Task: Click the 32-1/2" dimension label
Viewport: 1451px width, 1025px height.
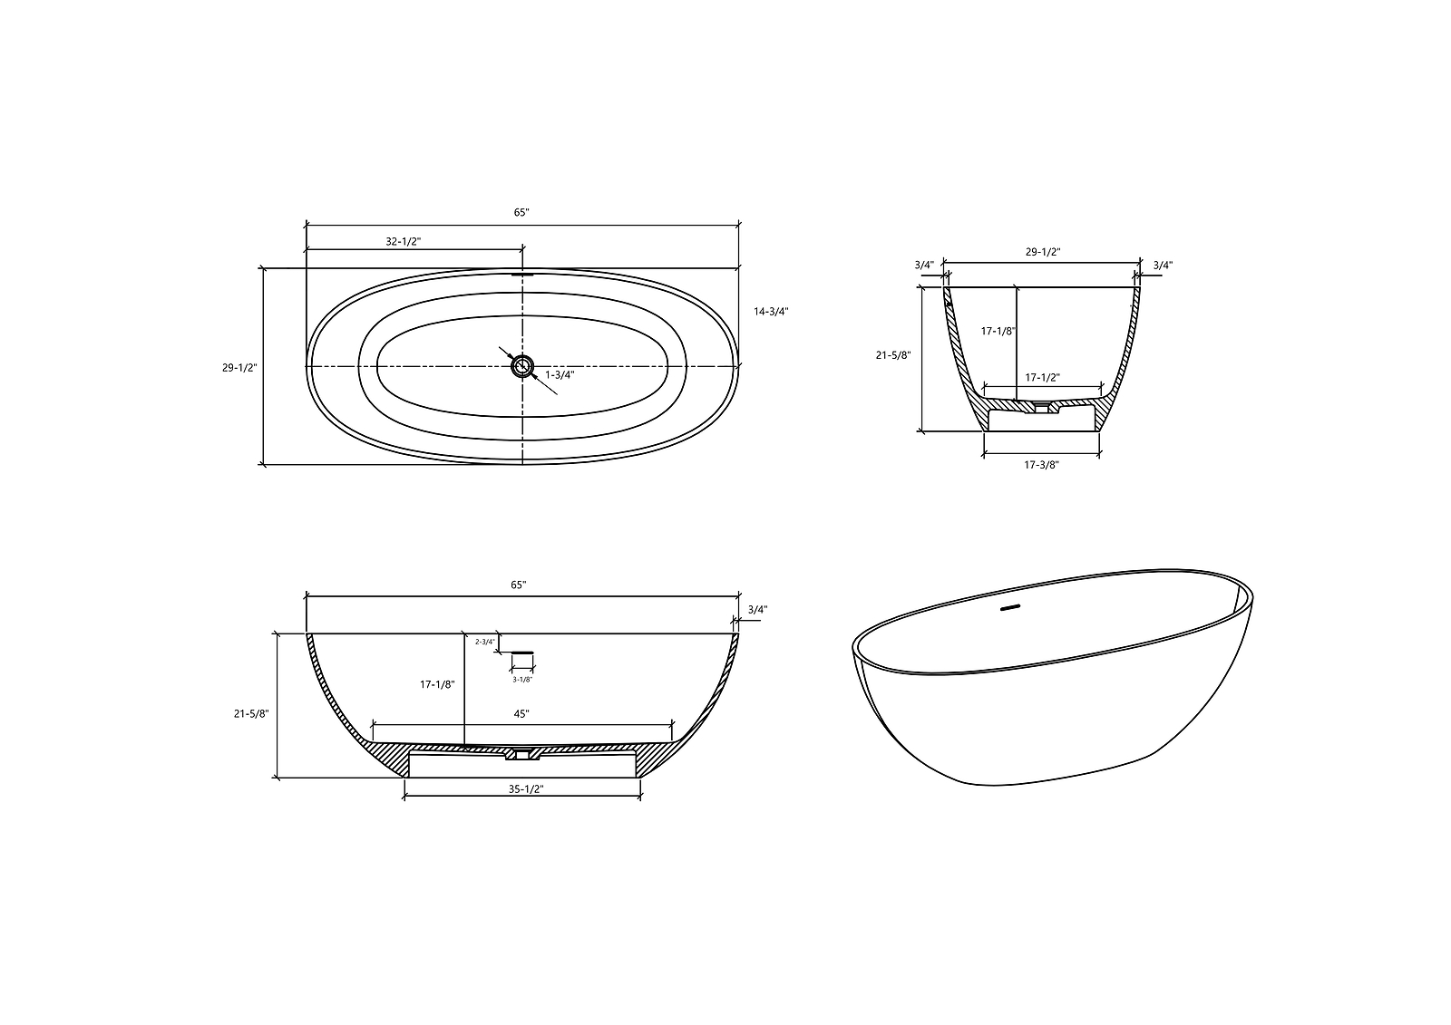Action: pyautogui.click(x=404, y=242)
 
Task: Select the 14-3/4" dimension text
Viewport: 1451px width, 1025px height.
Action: pyautogui.click(x=771, y=311)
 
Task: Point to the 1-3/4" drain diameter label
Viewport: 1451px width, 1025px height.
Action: pyautogui.click(x=560, y=374)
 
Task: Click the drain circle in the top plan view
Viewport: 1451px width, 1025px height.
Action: pyautogui.click(x=522, y=366)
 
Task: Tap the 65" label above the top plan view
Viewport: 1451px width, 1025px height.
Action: pyautogui.click(x=521, y=212)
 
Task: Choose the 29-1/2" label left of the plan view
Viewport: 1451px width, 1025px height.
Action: pyautogui.click(x=240, y=368)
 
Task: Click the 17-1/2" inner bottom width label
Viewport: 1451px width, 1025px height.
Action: pyautogui.click(x=1042, y=377)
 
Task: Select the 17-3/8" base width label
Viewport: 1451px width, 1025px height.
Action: pyautogui.click(x=1041, y=465)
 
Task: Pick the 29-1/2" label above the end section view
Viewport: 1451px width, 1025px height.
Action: pyautogui.click(x=1042, y=252)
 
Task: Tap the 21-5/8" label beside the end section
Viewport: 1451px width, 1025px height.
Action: pyautogui.click(x=893, y=356)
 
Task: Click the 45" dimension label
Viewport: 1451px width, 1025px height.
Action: pyautogui.click(x=521, y=714)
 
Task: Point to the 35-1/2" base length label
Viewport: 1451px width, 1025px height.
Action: pyautogui.click(x=524, y=789)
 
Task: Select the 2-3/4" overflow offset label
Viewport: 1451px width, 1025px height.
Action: pyautogui.click(x=485, y=642)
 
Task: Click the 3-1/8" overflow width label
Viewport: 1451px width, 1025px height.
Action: pyautogui.click(x=522, y=679)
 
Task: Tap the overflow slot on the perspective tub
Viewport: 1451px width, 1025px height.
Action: pyautogui.click(x=1009, y=608)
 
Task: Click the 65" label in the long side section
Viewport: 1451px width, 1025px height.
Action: pyautogui.click(x=518, y=585)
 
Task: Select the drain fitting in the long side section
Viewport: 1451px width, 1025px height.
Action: pyautogui.click(x=522, y=752)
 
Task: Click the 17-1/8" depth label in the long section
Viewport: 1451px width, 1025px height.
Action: pyautogui.click(x=437, y=685)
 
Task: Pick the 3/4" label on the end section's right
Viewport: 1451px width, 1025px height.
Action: pyautogui.click(x=1163, y=266)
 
